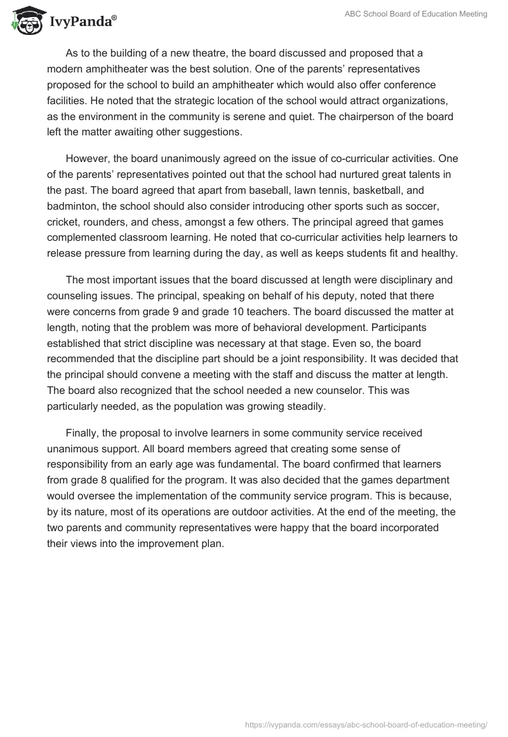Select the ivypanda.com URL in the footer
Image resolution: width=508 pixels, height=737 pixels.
366,724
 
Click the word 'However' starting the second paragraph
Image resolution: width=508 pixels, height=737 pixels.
86,158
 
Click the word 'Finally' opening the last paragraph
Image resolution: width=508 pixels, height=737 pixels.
83,433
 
